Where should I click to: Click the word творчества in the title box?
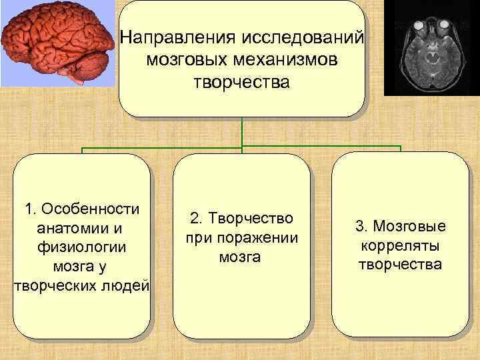[242, 83]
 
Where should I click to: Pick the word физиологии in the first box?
[83, 247]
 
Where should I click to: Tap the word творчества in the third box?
[400, 265]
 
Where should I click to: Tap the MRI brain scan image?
[432, 47]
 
